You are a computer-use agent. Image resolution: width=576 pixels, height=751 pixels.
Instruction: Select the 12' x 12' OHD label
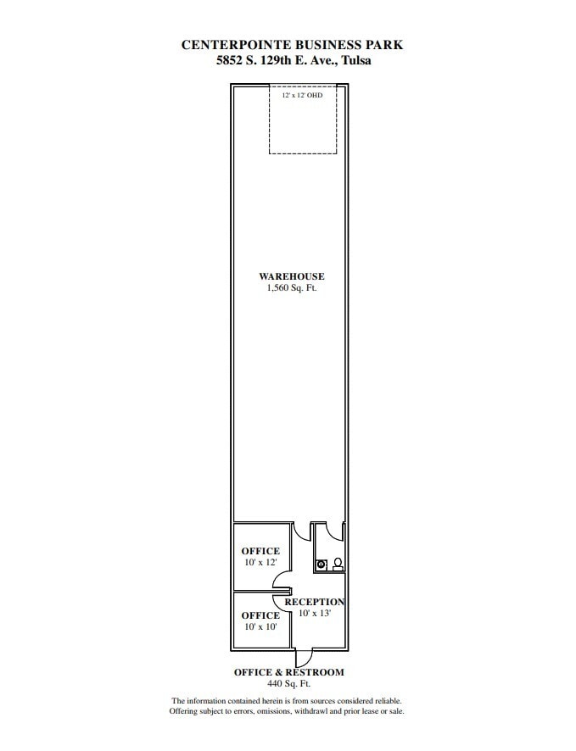coord(302,96)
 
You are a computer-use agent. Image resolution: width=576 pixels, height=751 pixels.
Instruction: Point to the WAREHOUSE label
coord(291,276)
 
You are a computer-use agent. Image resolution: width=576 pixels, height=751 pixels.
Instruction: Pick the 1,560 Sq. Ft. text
coord(291,288)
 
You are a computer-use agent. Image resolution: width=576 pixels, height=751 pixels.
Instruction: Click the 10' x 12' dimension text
coord(260,563)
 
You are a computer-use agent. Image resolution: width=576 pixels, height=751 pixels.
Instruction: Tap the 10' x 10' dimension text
coord(260,626)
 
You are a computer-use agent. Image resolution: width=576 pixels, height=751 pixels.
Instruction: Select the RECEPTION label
coord(314,602)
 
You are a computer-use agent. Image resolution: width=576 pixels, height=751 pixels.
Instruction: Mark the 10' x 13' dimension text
coord(314,613)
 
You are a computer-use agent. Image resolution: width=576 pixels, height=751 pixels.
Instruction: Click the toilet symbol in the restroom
coord(338,562)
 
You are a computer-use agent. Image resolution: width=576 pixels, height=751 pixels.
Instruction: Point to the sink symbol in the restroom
coord(322,563)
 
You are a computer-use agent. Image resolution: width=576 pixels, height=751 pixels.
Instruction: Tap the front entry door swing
coord(303,657)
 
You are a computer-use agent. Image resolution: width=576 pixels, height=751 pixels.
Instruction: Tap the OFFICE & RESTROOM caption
coord(288,672)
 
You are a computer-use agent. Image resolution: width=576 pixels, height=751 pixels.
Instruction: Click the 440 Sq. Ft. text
coord(288,683)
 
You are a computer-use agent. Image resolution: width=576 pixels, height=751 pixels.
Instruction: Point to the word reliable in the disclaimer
coord(386,701)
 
